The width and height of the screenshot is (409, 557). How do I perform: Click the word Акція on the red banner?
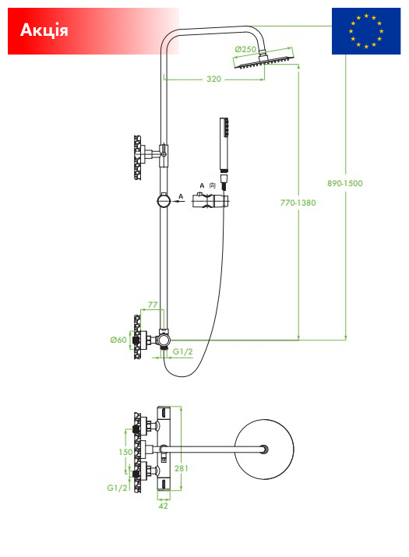coord(44,30)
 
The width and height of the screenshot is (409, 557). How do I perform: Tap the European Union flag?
coord(366,31)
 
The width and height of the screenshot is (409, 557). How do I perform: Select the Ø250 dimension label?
coord(245,49)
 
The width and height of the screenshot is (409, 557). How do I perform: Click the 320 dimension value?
coord(214,79)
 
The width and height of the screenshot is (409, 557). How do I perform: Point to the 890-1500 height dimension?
coord(344,183)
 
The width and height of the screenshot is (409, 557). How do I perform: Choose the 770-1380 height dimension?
coord(298,203)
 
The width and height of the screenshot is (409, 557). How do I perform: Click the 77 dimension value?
coord(153,305)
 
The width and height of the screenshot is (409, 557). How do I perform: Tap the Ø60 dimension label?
coord(118,340)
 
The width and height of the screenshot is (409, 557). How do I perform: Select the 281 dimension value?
coord(182,468)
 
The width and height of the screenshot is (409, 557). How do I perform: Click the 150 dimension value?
coord(125,452)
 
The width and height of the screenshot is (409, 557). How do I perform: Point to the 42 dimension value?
coord(163,506)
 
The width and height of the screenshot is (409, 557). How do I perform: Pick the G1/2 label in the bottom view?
coord(117,488)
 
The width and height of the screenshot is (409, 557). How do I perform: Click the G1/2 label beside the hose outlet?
coord(182,351)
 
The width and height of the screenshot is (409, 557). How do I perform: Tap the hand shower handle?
coord(224,144)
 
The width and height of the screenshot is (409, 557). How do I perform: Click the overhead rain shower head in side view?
coord(265,61)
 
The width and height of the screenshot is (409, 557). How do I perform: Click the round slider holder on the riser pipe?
coord(164,201)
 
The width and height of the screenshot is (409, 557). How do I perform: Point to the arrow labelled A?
coord(178,201)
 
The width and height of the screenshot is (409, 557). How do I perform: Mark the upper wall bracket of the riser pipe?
coord(150,155)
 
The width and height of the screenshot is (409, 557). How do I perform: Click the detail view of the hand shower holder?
coord(210,201)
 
